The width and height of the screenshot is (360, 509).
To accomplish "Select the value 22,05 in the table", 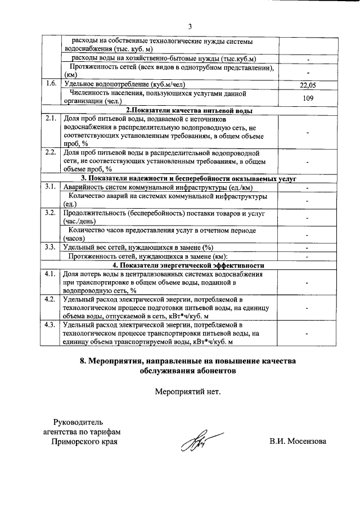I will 308,85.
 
